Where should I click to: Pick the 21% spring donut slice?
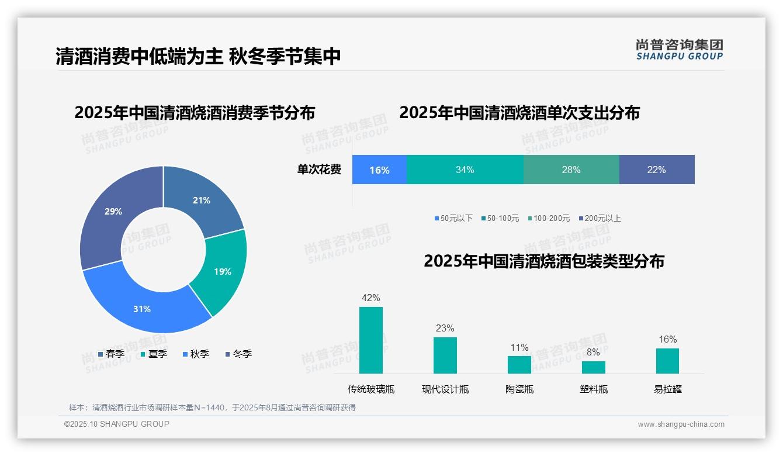click(x=201, y=200)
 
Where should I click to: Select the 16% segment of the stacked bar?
click(x=379, y=170)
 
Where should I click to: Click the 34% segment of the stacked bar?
click(x=465, y=170)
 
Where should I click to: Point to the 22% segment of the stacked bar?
click(x=656, y=170)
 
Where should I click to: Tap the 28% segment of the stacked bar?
click(x=571, y=170)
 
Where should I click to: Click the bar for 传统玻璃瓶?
click(x=371, y=340)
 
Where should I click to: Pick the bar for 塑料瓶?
click(x=594, y=367)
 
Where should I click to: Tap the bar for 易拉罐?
click(x=667, y=361)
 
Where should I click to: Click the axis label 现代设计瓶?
click(x=445, y=389)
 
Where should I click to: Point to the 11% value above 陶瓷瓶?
click(x=519, y=348)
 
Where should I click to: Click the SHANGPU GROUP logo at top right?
click(x=680, y=50)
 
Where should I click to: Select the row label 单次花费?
click(x=319, y=170)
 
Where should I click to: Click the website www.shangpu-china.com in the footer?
click(x=681, y=424)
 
